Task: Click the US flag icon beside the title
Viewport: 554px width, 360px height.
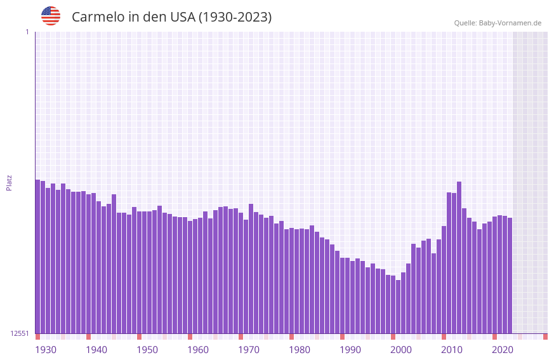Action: click(51, 16)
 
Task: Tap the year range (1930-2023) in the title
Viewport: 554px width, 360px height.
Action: click(235, 17)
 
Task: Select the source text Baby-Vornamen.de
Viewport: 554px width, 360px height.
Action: click(510, 23)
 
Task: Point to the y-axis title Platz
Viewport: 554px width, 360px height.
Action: click(9, 182)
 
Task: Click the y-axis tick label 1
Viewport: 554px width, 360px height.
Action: click(27, 32)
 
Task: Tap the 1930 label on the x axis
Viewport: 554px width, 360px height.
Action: click(46, 350)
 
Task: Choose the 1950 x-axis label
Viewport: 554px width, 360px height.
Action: click(147, 350)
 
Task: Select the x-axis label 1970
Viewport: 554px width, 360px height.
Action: click(249, 350)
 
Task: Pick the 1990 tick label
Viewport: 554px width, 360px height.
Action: click(350, 350)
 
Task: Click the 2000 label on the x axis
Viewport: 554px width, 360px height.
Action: click(401, 350)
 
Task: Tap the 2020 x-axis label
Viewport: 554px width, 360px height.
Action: click(503, 350)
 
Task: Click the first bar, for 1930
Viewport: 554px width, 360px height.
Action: click(37, 257)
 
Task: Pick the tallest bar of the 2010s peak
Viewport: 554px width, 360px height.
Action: click(459, 257)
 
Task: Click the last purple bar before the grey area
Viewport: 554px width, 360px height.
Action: click(510, 276)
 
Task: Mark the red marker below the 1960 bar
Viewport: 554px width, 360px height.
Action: click(190, 337)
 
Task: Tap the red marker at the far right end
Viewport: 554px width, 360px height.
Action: click(545, 337)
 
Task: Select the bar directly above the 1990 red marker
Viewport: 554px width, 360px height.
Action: click(342, 295)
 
